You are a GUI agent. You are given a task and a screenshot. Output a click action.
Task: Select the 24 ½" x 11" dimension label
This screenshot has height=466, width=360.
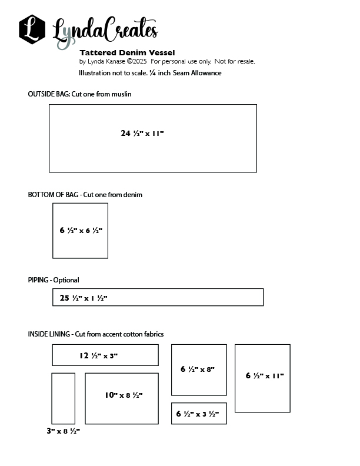pyautogui.click(x=142, y=134)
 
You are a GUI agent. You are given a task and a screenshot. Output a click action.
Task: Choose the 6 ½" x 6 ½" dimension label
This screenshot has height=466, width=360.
pyautogui.click(x=81, y=231)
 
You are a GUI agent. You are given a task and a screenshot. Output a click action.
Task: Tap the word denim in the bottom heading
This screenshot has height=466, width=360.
pyautogui.click(x=133, y=195)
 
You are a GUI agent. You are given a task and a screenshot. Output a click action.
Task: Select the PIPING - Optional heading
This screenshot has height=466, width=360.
pyautogui.click(x=54, y=280)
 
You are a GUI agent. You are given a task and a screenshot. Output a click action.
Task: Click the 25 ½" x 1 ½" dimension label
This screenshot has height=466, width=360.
pyautogui.click(x=84, y=298)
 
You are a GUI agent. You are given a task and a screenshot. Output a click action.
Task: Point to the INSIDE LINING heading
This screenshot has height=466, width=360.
pyautogui.click(x=49, y=334)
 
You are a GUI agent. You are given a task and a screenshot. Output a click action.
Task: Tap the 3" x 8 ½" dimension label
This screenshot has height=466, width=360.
pyautogui.click(x=63, y=431)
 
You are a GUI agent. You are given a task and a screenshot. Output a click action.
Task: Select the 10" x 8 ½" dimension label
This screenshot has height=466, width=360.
pyautogui.click(x=124, y=395)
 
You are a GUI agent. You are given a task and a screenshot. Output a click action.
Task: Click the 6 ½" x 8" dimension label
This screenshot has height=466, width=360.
pyautogui.click(x=198, y=370)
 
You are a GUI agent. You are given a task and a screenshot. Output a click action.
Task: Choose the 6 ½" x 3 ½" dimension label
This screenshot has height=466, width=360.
pyautogui.click(x=198, y=414)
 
